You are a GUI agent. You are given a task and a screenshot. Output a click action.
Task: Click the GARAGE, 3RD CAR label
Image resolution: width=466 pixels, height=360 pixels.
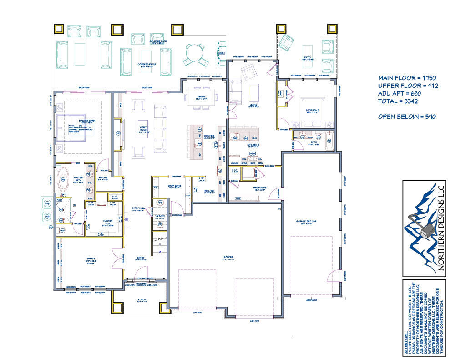[308, 222]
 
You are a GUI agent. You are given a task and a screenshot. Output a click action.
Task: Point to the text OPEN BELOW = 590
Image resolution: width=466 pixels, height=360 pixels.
[406, 117]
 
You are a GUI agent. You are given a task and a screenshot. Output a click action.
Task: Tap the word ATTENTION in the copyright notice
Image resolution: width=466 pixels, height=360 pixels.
[406, 344]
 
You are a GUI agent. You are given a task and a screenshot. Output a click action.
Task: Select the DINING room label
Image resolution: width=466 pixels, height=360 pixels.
[201, 96]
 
